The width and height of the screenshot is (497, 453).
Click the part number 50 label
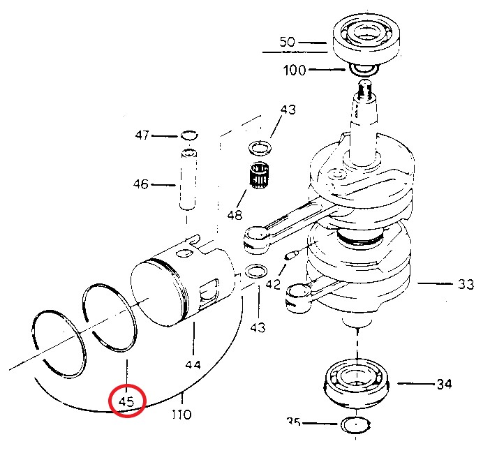(288, 42)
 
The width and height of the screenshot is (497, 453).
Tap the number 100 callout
(294, 70)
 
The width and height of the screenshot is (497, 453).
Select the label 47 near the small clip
(142, 135)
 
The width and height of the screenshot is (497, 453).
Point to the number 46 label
(141, 185)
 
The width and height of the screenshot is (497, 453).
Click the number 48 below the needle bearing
(235, 215)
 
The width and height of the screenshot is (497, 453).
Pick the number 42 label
(272, 285)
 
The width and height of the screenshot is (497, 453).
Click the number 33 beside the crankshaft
(466, 284)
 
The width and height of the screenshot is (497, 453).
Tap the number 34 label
(444, 384)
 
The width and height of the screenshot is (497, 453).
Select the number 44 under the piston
(193, 364)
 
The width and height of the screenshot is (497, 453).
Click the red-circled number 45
(126, 401)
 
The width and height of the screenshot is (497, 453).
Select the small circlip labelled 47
(188, 135)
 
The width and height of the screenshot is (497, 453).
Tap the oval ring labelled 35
(357, 424)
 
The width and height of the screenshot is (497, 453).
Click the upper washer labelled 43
(260, 147)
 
